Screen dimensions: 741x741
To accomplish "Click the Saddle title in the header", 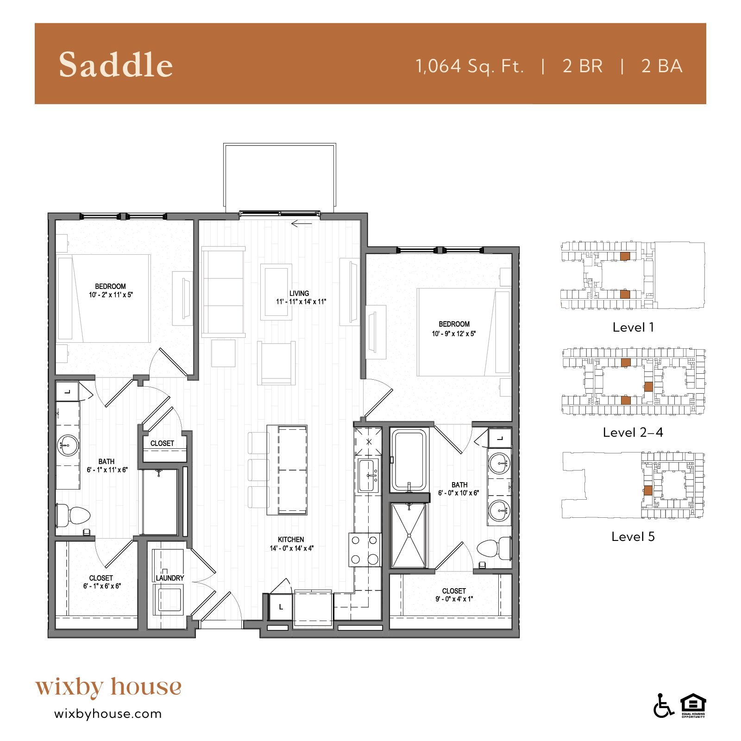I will [116, 65].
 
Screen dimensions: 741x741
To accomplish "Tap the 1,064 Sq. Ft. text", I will [470, 66].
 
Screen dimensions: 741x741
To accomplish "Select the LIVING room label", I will [299, 293].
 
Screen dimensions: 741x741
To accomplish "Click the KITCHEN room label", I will [291, 540].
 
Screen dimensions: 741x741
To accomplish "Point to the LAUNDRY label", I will [170, 578].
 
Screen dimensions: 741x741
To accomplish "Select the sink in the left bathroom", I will [68, 446].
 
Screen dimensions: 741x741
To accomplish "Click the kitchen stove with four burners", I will [364, 550].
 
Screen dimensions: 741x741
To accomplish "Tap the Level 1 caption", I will [633, 327].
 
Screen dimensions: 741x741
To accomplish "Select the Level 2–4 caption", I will [633, 433].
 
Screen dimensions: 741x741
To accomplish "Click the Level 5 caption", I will [633, 537].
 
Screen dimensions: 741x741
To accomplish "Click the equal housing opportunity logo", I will [693, 706].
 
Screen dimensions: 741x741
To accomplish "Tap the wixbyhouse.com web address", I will [108, 714].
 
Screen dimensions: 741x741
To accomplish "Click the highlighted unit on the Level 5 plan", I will [647, 490].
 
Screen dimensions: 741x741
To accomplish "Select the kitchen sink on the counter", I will [369, 476].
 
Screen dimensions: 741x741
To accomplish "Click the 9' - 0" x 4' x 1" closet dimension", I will [453, 599].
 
